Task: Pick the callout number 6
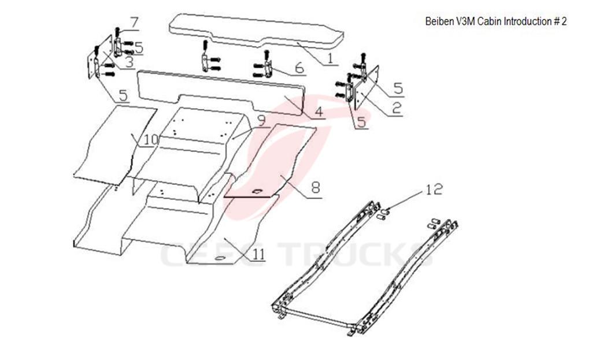[298, 68]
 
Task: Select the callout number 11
[257, 253]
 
